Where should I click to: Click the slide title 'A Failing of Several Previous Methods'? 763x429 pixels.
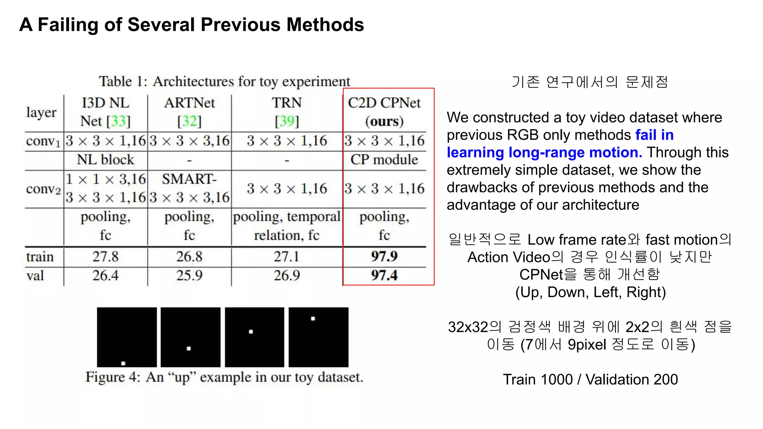tap(191, 25)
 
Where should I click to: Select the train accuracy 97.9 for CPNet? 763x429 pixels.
tap(384, 256)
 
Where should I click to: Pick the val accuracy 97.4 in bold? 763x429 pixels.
tap(384, 275)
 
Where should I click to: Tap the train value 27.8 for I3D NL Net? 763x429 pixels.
tap(105, 257)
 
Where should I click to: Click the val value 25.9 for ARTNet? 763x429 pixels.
tap(189, 275)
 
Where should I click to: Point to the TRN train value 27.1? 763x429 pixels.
tap(286, 257)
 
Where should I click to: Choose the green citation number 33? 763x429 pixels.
tap(118, 121)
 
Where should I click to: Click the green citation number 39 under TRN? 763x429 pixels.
tap(287, 121)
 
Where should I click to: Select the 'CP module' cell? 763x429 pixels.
tap(384, 159)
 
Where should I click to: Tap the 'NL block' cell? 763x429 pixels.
tap(105, 159)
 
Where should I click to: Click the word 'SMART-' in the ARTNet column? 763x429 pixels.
tap(189, 179)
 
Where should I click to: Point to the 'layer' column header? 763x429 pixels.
tap(41, 112)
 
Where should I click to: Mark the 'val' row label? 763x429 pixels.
tap(35, 276)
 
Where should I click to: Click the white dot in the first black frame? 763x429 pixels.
tap(123, 363)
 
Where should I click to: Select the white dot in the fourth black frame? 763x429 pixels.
tap(313, 319)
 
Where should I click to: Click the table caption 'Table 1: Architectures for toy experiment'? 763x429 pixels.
tap(224, 81)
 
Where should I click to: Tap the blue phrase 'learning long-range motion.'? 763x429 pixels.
tap(544, 152)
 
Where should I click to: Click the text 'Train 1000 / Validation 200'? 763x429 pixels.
tap(590, 379)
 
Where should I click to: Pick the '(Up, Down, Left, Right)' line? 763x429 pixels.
tap(591, 292)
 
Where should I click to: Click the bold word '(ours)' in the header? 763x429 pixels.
tap(384, 121)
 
